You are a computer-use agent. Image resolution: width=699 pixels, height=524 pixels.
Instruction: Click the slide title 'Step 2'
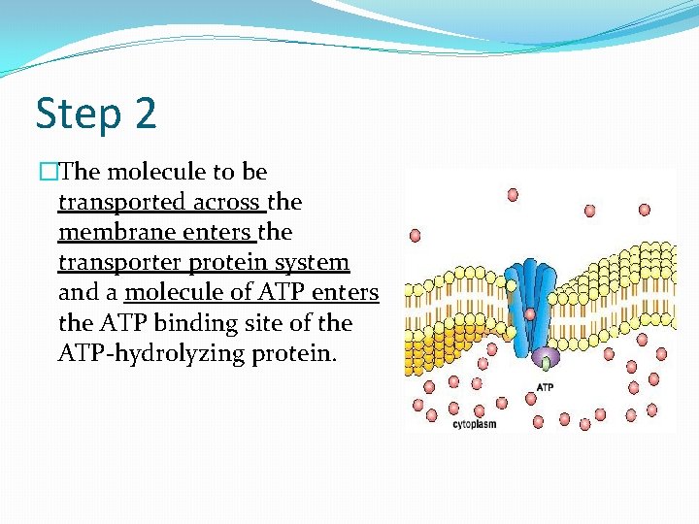(95, 114)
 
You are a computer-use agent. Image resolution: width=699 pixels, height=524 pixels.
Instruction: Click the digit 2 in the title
(146, 114)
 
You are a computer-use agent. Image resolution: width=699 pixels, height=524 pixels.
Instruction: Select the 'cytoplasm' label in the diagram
(476, 424)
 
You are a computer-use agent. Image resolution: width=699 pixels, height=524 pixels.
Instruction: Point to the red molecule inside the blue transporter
(530, 313)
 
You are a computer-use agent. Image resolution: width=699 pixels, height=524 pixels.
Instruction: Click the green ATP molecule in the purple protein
(547, 365)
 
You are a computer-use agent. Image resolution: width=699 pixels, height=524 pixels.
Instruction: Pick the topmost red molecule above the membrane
(513, 194)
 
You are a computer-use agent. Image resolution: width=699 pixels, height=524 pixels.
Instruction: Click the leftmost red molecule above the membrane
(416, 235)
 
